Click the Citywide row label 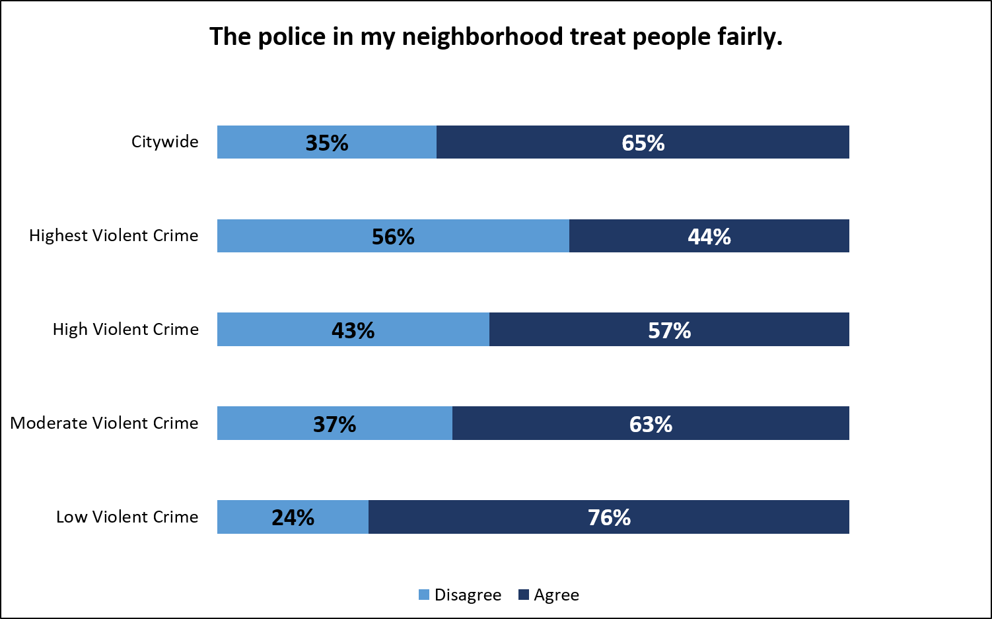click(x=165, y=141)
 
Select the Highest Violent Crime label click(x=114, y=235)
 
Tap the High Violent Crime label click(x=125, y=329)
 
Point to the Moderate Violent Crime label click(x=104, y=423)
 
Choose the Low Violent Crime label click(x=127, y=517)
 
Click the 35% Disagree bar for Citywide click(x=327, y=142)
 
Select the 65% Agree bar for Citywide click(x=643, y=142)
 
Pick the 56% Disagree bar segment click(x=393, y=236)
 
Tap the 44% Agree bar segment click(x=709, y=236)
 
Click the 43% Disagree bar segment click(x=353, y=330)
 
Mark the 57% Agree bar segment click(x=669, y=330)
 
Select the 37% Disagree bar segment click(x=335, y=423)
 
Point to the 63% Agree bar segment click(x=651, y=423)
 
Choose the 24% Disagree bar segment click(x=293, y=517)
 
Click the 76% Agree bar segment click(x=609, y=517)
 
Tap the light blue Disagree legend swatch click(x=424, y=595)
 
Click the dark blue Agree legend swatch click(x=524, y=595)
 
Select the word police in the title click(x=291, y=37)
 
